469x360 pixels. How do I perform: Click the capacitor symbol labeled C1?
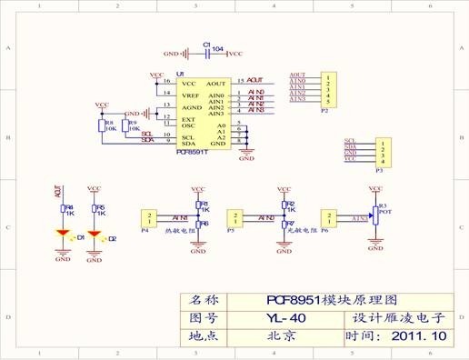(x=207, y=54)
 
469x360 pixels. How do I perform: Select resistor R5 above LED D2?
(x=95, y=208)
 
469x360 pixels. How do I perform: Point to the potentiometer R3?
(x=373, y=218)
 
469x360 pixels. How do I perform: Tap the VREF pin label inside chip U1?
(x=190, y=95)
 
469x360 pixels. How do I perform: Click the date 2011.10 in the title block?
(x=419, y=335)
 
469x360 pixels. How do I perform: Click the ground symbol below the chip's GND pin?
(x=245, y=156)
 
